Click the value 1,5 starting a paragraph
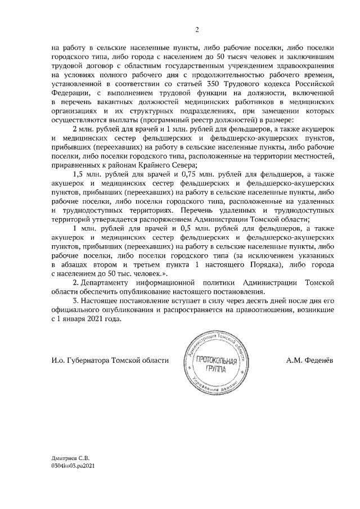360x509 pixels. coord(79,174)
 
